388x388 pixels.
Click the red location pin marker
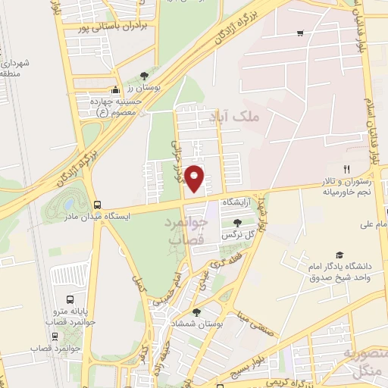pyautogui.click(x=195, y=177)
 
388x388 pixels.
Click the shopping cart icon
pyautogui.click(x=300, y=33)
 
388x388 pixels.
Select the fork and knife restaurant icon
pyautogui.click(x=347, y=169)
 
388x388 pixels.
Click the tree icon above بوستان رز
pyautogui.click(x=143, y=75)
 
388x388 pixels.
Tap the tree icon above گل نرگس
pyautogui.click(x=238, y=223)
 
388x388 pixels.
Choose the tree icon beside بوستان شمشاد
pyautogui.click(x=196, y=311)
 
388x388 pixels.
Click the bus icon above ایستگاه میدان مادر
pyautogui.click(x=97, y=204)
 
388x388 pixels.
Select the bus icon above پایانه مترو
pyautogui.click(x=70, y=299)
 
